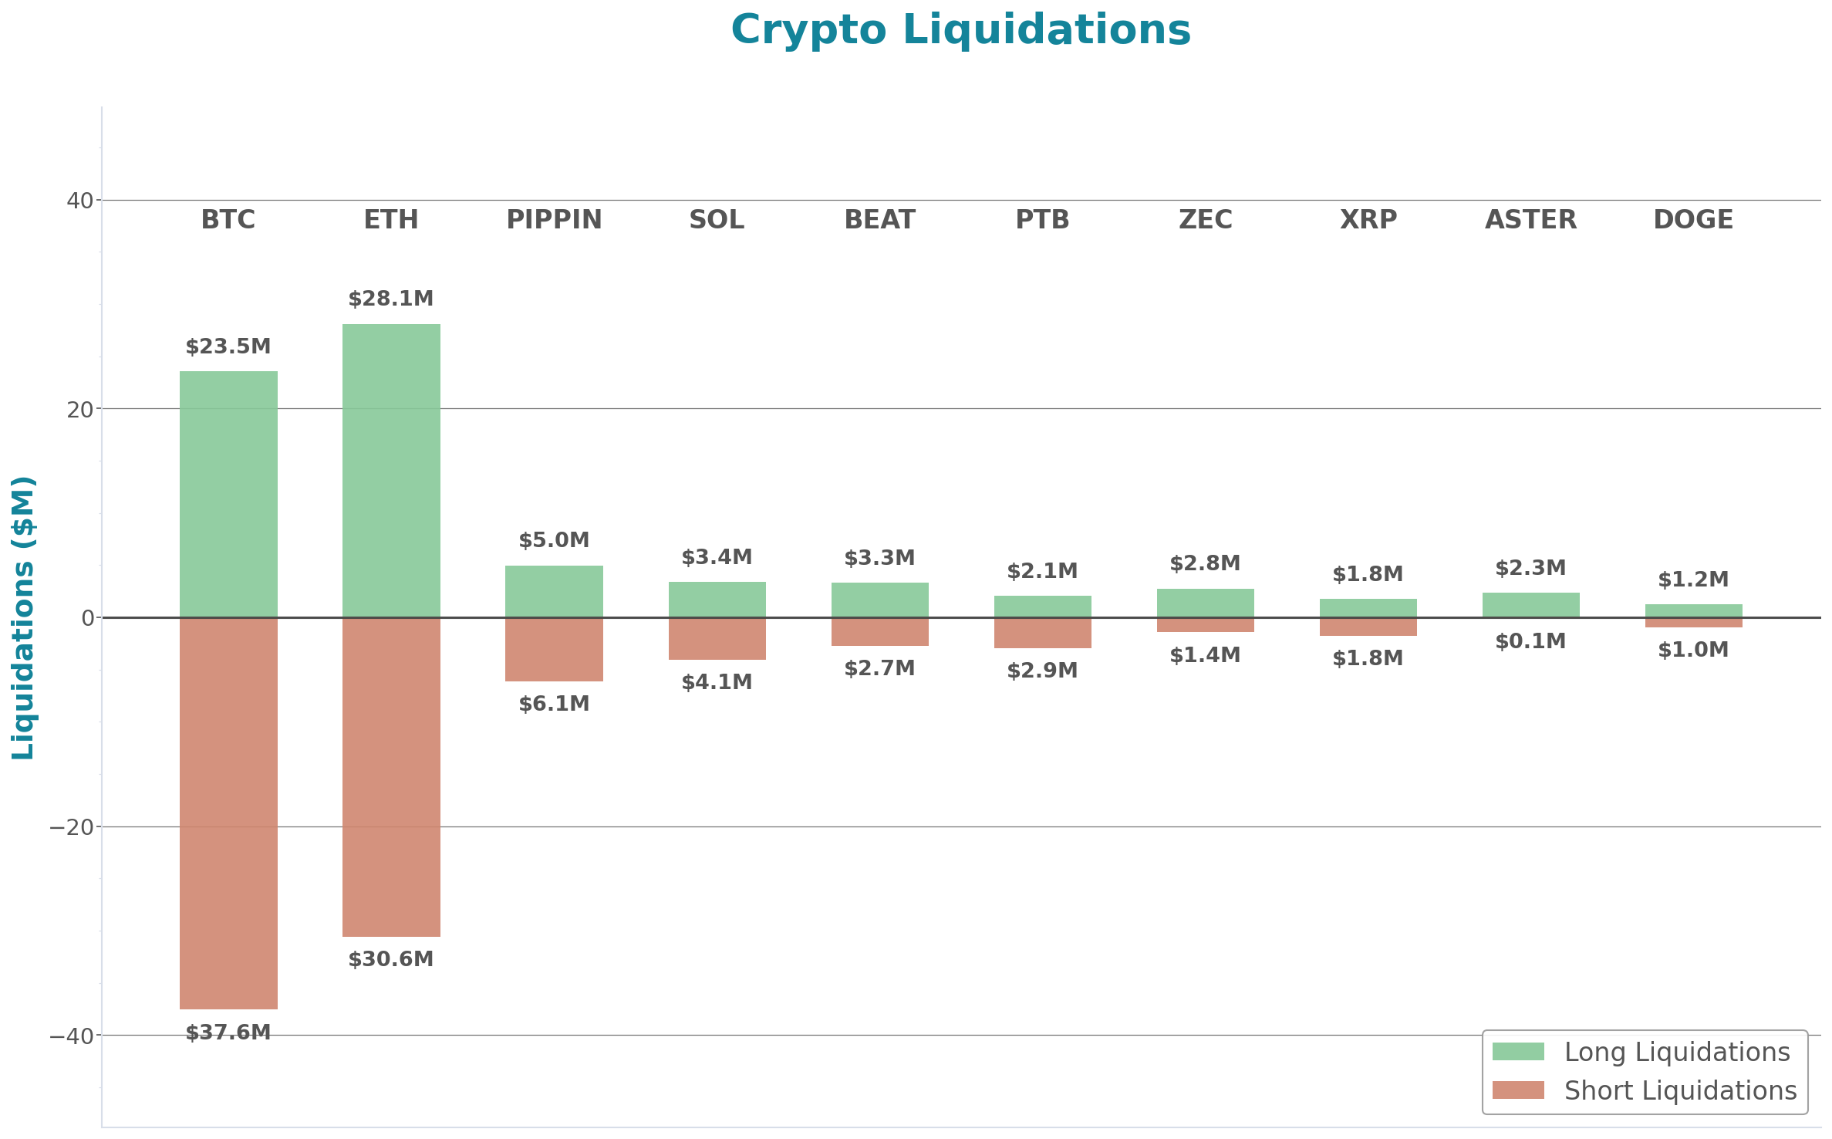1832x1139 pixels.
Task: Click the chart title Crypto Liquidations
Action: [960, 31]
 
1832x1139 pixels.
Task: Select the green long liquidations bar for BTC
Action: [228, 494]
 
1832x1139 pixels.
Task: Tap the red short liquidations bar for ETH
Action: [391, 776]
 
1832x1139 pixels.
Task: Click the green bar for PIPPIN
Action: [554, 591]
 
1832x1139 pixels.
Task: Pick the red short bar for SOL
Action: [717, 638]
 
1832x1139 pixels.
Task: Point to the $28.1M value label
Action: [391, 299]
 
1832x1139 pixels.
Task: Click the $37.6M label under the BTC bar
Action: [228, 1033]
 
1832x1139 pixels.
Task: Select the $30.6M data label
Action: [391, 959]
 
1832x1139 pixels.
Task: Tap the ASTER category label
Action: [1530, 220]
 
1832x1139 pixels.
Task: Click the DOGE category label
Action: [1693, 220]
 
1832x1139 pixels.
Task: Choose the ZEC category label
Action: [1205, 220]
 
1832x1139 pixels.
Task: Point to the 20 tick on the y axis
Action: [79, 410]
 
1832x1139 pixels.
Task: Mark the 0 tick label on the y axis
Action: [87, 618]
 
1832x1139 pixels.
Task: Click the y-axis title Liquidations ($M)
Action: [23, 617]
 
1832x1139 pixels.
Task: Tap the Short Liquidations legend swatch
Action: [1517, 1090]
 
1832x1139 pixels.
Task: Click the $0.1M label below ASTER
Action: [1530, 641]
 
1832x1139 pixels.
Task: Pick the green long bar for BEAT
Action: [879, 600]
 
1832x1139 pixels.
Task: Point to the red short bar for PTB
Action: [1042, 633]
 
